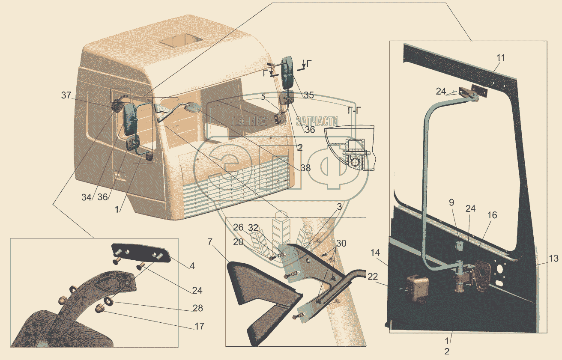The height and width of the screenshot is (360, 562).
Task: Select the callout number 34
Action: (87, 197)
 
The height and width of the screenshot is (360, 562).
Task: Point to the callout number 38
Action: (305, 169)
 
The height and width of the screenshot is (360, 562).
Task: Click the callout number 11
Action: (489, 57)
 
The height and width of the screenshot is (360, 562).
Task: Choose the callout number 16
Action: (492, 215)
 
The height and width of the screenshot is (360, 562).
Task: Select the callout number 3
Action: (339, 207)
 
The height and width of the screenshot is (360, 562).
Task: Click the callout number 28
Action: (198, 308)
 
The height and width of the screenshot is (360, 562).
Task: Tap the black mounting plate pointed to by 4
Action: (141, 253)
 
